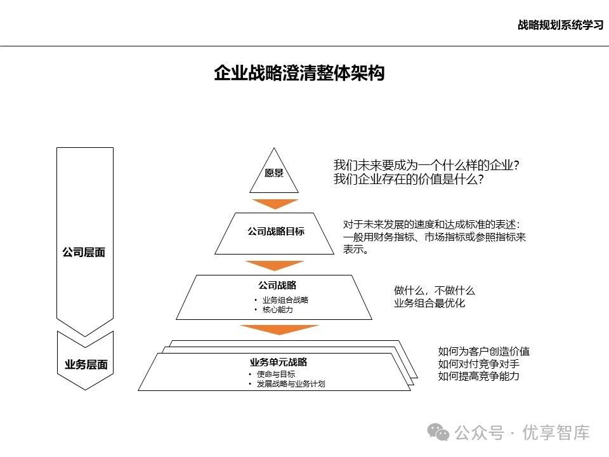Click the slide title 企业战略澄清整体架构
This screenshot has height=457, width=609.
tap(299, 74)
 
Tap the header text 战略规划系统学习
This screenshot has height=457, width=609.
tap(560, 25)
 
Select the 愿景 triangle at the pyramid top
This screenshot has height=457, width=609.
tap(274, 173)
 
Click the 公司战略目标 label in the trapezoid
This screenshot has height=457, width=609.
tap(276, 232)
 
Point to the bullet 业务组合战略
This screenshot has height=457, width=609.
tap(285, 300)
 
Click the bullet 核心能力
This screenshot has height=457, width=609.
tap(277, 310)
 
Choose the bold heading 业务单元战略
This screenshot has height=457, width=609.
tap(278, 362)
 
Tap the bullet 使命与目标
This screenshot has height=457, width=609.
tap(275, 374)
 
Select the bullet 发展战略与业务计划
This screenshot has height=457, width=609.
tap(291, 384)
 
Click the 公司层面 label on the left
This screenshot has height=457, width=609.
tap(84, 252)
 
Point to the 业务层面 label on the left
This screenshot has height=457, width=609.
tap(86, 365)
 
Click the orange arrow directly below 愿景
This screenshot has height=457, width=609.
tap(275, 204)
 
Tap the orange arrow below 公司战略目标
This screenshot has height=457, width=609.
tap(275, 265)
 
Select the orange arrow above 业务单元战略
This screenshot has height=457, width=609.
tap(278, 329)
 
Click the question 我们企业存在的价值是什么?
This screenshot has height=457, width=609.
tap(409, 180)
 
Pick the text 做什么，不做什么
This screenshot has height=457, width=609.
tap(434, 291)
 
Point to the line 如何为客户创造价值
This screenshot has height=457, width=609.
tap(483, 351)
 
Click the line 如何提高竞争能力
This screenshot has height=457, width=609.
tap(478, 376)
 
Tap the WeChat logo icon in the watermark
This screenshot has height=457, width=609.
tap(438, 432)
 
